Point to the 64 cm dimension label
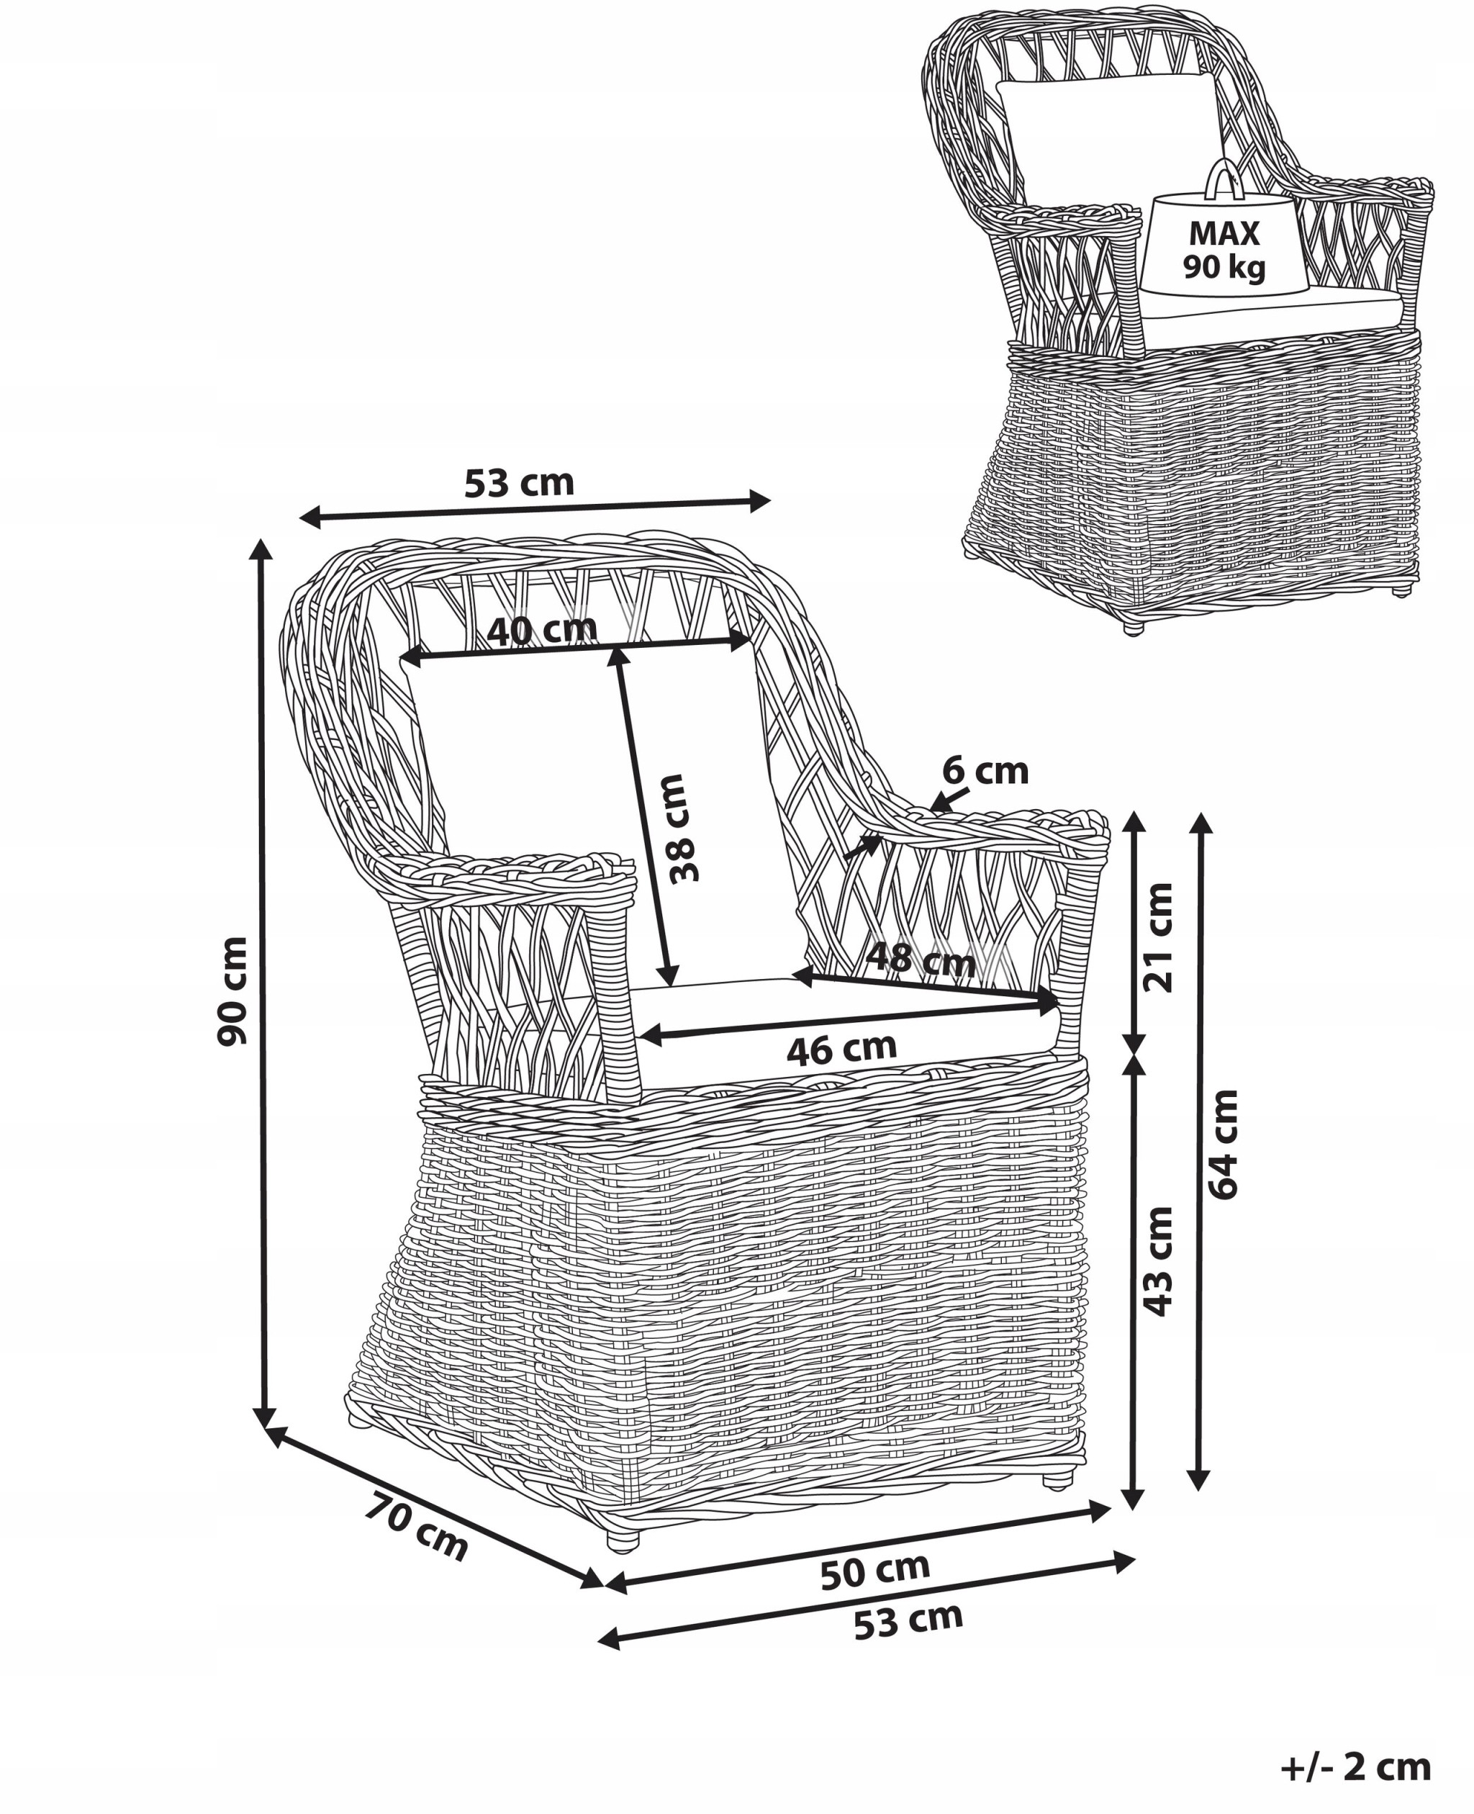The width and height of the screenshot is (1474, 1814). pyautogui.click(x=1224, y=1143)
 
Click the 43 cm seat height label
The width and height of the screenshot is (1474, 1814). pyautogui.click(x=1157, y=1261)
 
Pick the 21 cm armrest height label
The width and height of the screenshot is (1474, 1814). pyautogui.click(x=1157, y=937)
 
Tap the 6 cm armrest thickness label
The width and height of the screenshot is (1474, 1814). pyautogui.click(x=985, y=771)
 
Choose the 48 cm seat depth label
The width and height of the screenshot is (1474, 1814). pyautogui.click(x=921, y=960)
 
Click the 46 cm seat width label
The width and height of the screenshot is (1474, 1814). pyautogui.click(x=841, y=1050)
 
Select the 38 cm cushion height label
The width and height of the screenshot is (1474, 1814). pyautogui.click(x=682, y=828)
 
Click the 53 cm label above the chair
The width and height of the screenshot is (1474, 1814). pyautogui.click(x=519, y=483)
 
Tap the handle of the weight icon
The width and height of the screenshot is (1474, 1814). pyautogui.click(x=1223, y=179)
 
